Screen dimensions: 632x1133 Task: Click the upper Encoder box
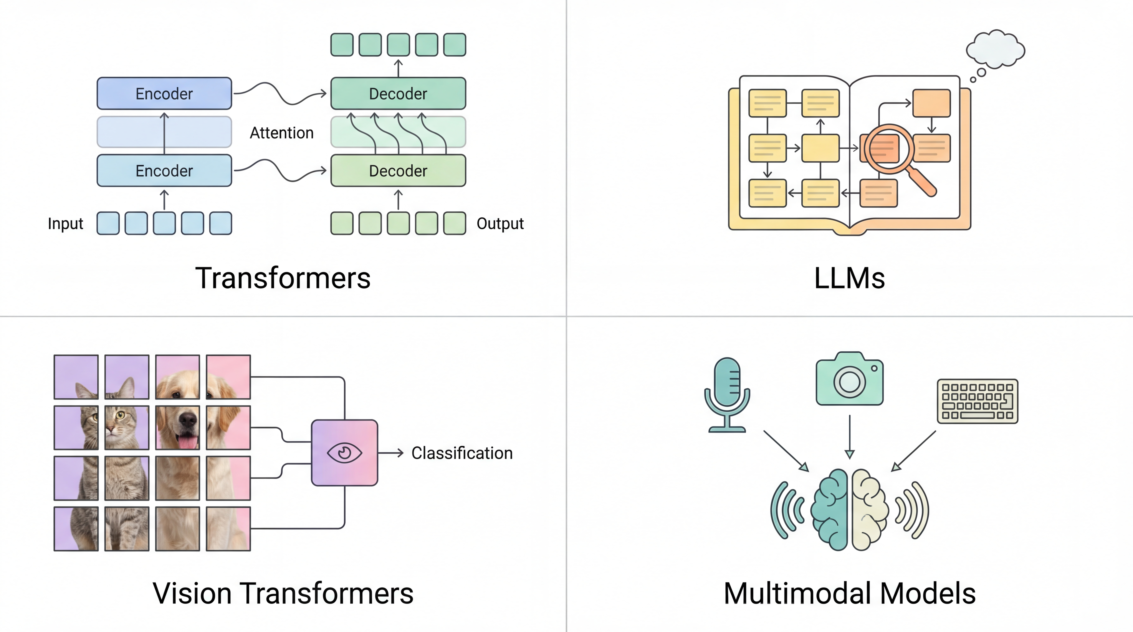coord(164,94)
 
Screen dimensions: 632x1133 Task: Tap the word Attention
coord(281,133)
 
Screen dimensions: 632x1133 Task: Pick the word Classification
coord(462,453)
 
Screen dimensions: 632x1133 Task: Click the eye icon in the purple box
coord(344,453)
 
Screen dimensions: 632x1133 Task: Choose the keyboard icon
coord(977,401)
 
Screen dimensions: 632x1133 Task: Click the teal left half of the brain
coord(830,510)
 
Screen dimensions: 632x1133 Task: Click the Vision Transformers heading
coord(283,593)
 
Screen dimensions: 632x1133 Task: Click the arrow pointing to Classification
coord(390,453)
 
